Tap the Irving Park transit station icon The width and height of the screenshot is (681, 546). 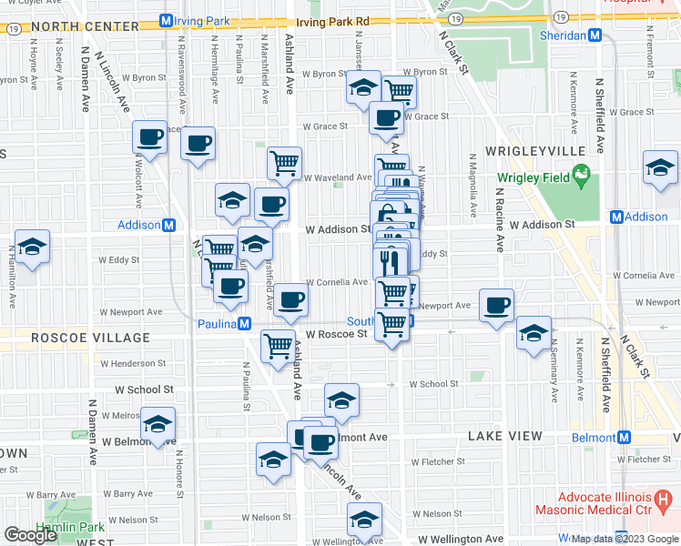coord(166,20)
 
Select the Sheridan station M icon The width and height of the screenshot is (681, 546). coord(595,35)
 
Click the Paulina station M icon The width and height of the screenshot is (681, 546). coord(244,324)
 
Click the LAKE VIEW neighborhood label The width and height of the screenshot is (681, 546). coord(504,437)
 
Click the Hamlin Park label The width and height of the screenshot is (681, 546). coord(63,527)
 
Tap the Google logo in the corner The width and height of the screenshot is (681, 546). coord(30,534)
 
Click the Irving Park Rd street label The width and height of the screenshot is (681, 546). coord(336,20)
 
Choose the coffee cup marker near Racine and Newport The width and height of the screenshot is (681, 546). coord(496,306)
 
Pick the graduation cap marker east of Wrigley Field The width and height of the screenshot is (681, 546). coord(660,167)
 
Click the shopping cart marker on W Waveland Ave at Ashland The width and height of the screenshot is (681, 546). coord(284,163)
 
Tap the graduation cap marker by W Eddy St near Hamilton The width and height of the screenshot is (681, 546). coord(32,247)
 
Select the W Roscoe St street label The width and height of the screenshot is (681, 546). coord(336,334)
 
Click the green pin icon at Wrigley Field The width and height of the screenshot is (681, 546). coord(579,176)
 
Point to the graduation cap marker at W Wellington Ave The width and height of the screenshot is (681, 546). coord(364,520)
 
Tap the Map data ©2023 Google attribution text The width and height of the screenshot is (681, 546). coord(625,540)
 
